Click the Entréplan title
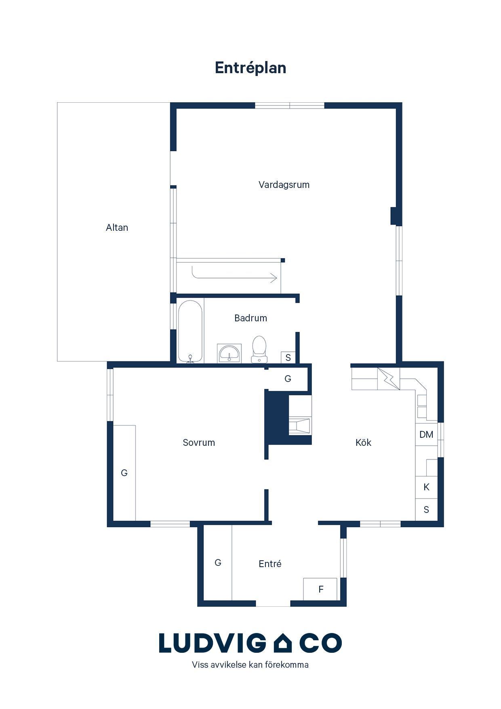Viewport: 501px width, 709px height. [x=250, y=68]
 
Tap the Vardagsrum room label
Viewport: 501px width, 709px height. [x=284, y=185]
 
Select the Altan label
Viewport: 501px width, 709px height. [x=117, y=228]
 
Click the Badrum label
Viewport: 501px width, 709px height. [x=250, y=318]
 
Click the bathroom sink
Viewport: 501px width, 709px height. [x=229, y=353]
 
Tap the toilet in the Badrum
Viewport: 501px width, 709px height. [x=259, y=349]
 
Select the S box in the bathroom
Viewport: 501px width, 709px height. [x=288, y=357]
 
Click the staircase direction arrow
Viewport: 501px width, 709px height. [x=234, y=276]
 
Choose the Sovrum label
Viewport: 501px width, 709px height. [x=199, y=443]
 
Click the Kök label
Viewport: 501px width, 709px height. [x=363, y=443]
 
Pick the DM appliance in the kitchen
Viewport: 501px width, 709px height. [x=426, y=435]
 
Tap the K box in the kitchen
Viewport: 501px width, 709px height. [x=426, y=487]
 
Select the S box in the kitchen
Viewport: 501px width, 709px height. [x=426, y=510]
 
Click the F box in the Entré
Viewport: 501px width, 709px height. [x=320, y=589]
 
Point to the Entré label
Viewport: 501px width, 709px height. [x=270, y=564]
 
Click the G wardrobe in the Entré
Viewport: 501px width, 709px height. [x=217, y=563]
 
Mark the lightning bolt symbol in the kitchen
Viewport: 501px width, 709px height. [x=388, y=379]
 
